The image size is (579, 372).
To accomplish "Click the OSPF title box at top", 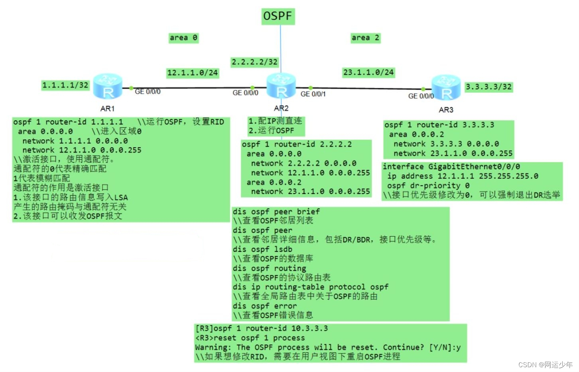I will pos(278,16).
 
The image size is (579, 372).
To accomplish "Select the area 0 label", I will pos(183,38).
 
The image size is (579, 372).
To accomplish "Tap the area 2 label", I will pos(365,38).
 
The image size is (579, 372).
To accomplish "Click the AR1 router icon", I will pos(107,86).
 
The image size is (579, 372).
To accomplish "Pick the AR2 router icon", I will pos(281,86).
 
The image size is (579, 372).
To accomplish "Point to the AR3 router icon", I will pos(446,87).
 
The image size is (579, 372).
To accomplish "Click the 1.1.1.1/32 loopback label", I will pos(65,85).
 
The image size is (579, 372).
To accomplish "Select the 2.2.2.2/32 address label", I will pos(255,62).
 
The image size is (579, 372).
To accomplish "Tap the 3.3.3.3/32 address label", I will pos(488,87).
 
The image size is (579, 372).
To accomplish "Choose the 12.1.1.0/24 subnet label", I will pos(193,73).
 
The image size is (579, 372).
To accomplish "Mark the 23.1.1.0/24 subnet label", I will pos(368,72).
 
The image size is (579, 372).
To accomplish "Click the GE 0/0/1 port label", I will pos(313,94).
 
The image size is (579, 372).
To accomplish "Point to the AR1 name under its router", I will pos(107,109).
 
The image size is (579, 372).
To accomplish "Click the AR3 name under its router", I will pos(446,110).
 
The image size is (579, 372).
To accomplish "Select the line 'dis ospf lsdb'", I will pos(262,249).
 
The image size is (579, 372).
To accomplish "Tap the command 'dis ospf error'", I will pos(265,306).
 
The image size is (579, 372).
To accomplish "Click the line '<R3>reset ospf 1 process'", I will pos(250,338).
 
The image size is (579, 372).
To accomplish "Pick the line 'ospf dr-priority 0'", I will pos(428,186).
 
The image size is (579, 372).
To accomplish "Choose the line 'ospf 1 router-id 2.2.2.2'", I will pos(297,144).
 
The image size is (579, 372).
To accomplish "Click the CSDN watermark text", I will pos(545,364).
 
